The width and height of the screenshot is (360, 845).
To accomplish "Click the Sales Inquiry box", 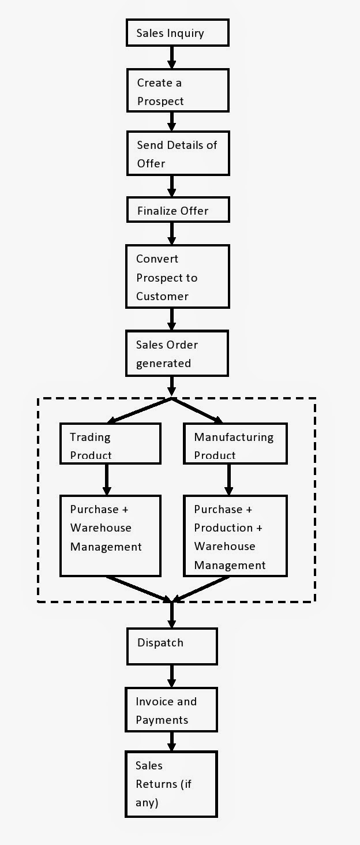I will [178, 33].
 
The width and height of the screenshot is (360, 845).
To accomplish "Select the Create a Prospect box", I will [178, 92].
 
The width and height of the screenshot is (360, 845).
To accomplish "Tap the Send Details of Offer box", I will [178, 154].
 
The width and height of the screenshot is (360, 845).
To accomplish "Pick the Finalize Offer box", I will [178, 211].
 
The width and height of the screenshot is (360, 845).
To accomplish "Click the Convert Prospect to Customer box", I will [178, 277].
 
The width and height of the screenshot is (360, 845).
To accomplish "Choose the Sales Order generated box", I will [178, 353].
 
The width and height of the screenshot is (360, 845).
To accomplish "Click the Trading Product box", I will [110, 444].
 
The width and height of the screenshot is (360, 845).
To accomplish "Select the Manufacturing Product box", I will [235, 444].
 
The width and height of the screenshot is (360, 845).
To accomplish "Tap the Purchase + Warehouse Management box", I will [110, 536].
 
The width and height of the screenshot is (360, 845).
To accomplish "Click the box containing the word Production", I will [235, 536].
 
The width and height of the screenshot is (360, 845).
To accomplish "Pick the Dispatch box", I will [172, 646].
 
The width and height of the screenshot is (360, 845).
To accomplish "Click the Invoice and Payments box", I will [172, 711].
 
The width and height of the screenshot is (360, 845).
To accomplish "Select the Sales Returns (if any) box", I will [171, 784].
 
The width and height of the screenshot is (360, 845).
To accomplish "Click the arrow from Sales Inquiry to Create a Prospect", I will [172, 57].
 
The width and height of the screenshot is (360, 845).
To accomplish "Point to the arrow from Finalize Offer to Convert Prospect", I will [172, 233].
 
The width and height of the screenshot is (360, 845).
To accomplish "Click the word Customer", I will [162, 296].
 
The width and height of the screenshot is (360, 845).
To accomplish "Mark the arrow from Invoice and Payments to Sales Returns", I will [172, 741].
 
